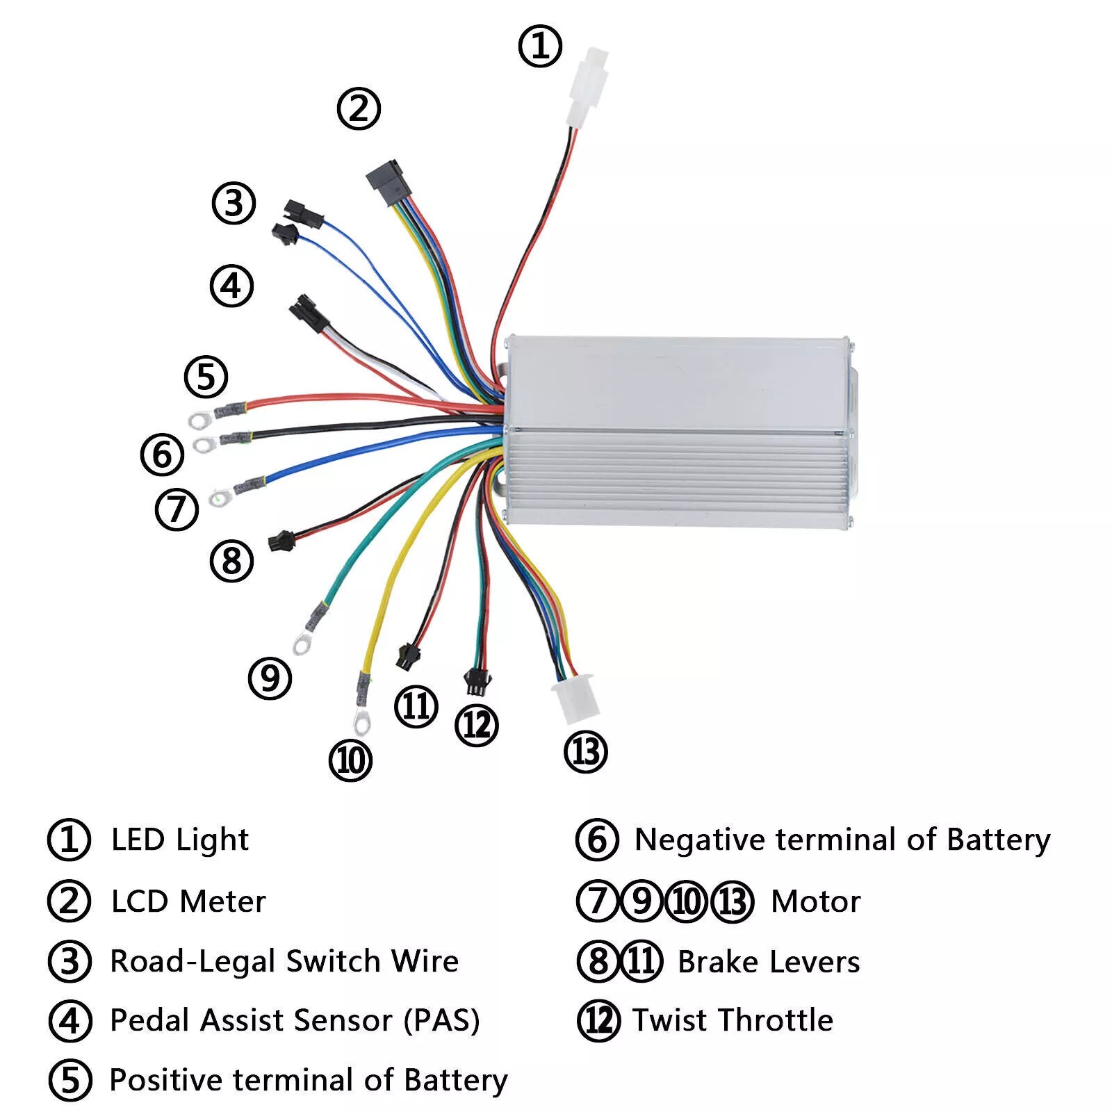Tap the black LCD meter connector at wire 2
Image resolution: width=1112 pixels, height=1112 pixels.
tap(386, 182)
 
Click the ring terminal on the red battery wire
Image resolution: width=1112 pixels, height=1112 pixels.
tap(200, 418)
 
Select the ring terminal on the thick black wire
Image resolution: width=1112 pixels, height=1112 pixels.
tap(203, 443)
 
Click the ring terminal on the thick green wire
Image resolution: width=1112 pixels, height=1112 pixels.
tap(302, 644)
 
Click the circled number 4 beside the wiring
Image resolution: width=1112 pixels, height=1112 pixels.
tap(231, 286)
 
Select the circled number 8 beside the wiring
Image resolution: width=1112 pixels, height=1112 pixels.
tap(231, 561)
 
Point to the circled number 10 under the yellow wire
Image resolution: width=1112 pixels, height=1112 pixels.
tap(350, 760)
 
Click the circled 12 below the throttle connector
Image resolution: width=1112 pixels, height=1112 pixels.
tap(476, 726)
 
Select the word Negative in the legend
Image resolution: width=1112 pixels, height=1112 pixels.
tap(701, 840)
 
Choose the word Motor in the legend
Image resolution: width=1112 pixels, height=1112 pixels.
tap(815, 901)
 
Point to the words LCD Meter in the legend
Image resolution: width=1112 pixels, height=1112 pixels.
tap(188, 901)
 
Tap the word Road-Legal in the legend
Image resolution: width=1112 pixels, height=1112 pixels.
tap(193, 962)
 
